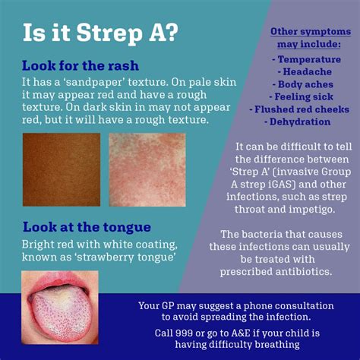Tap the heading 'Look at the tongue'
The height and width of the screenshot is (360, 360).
87,226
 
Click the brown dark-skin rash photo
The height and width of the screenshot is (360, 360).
61,170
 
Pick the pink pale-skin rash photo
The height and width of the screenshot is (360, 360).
147,170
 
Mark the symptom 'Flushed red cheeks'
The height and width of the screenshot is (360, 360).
304,109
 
